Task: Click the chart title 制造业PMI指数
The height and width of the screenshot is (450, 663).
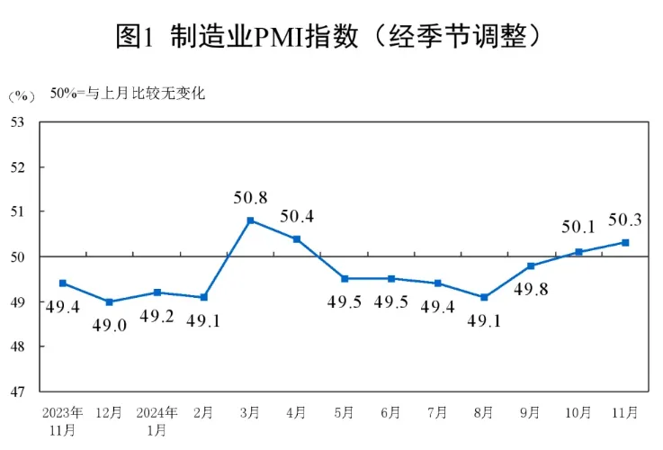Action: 330,35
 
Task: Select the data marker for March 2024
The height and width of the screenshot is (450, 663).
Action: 250,220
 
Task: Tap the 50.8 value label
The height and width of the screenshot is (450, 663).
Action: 250,195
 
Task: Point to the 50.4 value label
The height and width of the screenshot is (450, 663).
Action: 298,215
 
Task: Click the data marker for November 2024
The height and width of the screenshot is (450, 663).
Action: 625,242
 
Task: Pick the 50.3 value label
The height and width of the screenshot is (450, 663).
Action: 625,219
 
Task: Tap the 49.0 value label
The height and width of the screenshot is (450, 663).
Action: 110,325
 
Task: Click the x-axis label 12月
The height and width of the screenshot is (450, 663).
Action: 110,413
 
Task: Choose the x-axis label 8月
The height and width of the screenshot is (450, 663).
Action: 484,413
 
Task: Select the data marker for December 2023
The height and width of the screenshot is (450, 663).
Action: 110,301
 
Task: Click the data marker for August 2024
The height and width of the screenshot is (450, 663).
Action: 484,297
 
